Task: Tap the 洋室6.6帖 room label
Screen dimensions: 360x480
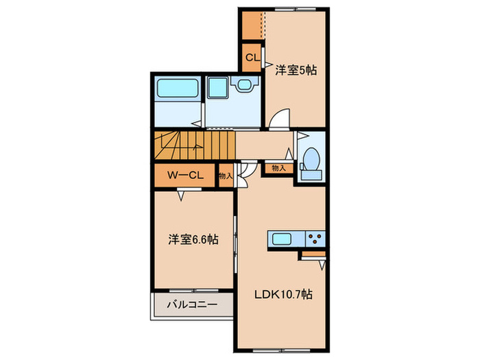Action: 194,241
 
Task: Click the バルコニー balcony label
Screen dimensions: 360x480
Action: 189,304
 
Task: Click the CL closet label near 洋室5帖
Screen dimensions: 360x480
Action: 252,58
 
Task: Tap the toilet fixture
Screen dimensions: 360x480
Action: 310,161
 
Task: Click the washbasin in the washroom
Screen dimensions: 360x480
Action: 243,85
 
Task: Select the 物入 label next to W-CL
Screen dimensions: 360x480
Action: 226,176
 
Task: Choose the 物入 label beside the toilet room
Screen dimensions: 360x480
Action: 278,167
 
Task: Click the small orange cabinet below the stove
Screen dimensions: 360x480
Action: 313,255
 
